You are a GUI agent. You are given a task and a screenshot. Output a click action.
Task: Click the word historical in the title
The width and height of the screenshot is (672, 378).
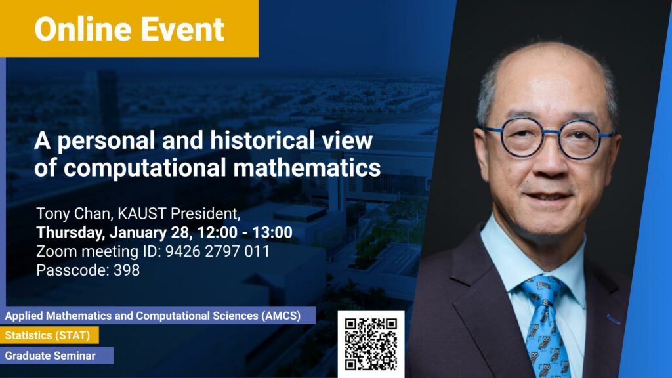click(262, 140)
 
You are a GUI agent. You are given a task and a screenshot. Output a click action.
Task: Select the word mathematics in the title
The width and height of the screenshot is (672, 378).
click(307, 167)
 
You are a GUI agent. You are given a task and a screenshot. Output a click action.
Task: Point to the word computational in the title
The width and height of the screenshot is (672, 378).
click(144, 168)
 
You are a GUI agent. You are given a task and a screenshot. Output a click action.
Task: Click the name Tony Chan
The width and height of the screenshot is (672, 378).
click(75, 213)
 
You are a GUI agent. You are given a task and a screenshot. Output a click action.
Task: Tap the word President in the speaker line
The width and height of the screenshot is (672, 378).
click(205, 213)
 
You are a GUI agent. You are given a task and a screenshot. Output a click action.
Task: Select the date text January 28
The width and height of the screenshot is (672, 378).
click(150, 232)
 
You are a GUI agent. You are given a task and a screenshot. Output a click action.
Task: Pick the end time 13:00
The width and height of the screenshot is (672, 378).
click(272, 232)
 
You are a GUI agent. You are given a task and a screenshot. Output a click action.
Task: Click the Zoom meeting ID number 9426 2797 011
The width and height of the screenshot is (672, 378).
click(218, 251)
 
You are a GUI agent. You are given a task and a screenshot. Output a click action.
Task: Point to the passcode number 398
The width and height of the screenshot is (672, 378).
click(127, 270)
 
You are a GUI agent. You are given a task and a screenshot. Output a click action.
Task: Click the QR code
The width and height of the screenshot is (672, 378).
click(371, 344)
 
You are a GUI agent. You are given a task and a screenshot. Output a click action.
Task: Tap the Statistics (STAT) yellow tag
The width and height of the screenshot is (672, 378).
click(49, 335)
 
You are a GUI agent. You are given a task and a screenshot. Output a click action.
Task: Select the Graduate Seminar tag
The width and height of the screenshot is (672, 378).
click(56, 355)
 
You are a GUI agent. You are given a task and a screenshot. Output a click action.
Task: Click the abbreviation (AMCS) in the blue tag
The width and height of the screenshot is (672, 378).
click(281, 316)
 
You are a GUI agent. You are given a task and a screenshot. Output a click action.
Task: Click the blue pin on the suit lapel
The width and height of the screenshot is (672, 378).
click(614, 320)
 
